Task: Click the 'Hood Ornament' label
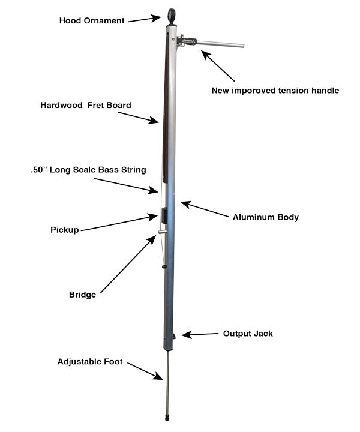point(92,21)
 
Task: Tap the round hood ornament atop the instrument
point(172,14)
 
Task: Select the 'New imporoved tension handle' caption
point(275,91)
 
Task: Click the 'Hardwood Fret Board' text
point(86,105)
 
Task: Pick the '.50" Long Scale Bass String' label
point(88,170)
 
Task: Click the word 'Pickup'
point(64,230)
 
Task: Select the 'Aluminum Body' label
point(266,217)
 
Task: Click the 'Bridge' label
point(82,295)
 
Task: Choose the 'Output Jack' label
point(248,333)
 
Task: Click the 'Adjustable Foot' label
point(90,362)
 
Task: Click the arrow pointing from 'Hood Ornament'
point(145,19)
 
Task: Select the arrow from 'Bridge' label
point(128,263)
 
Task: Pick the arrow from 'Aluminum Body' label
point(204,210)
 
